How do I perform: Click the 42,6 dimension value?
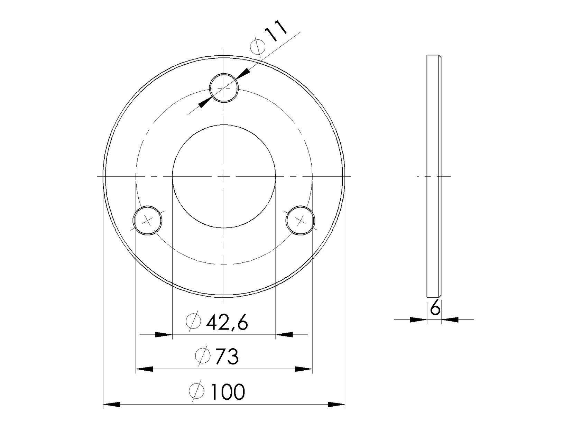227,323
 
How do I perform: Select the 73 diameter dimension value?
227,356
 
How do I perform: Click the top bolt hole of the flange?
224,88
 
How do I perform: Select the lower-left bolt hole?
148,220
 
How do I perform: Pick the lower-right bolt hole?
301,220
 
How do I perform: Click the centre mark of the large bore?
224,176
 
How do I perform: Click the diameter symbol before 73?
203,355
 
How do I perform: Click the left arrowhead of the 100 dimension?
111,404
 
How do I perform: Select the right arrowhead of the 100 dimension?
336,404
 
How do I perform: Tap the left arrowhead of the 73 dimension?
144,369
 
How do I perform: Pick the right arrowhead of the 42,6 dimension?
284,335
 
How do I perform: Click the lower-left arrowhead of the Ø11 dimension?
205,102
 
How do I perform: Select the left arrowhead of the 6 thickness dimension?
418,319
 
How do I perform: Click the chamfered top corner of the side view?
440,56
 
